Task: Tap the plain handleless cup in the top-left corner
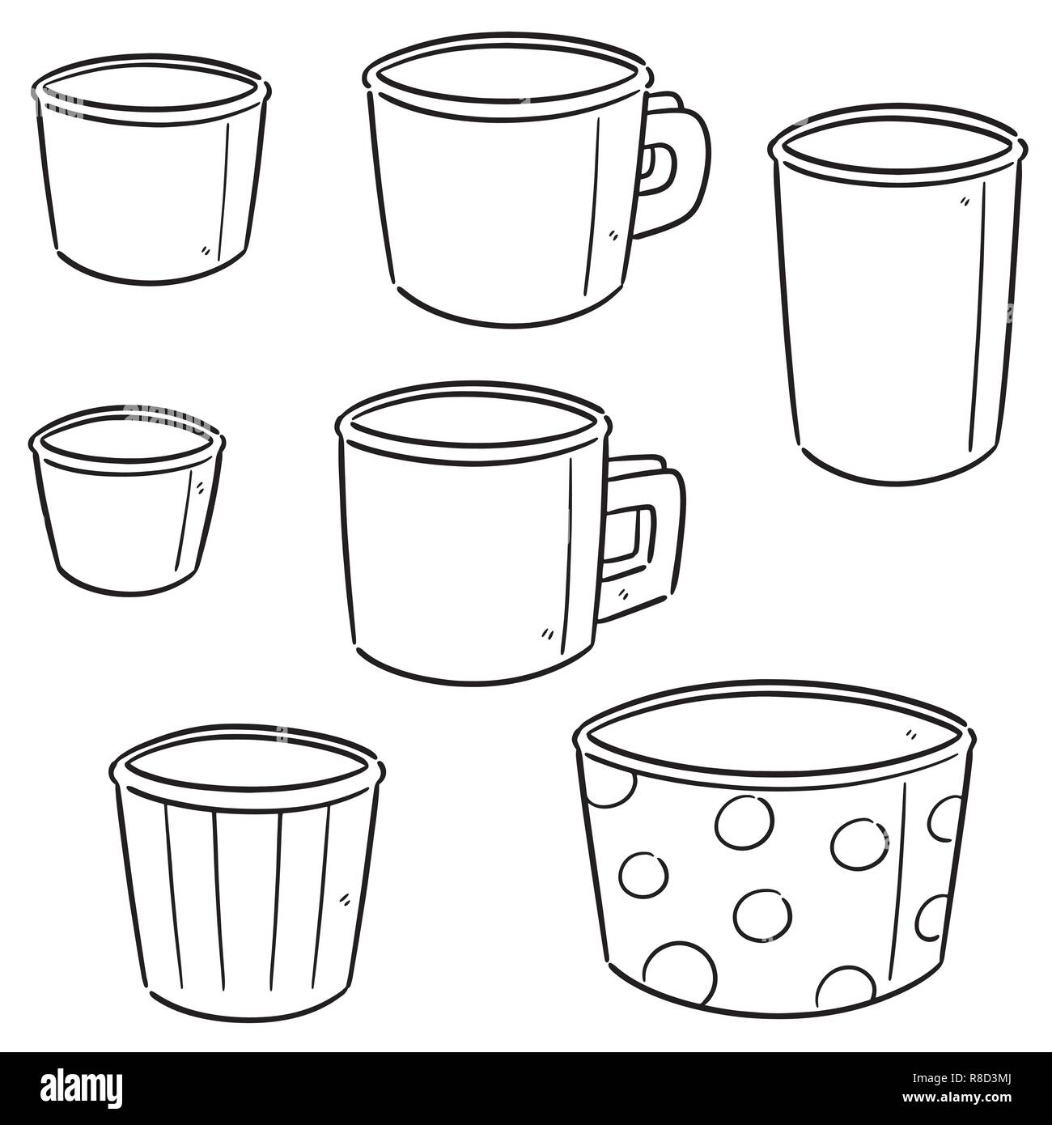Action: [x=150, y=194]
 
